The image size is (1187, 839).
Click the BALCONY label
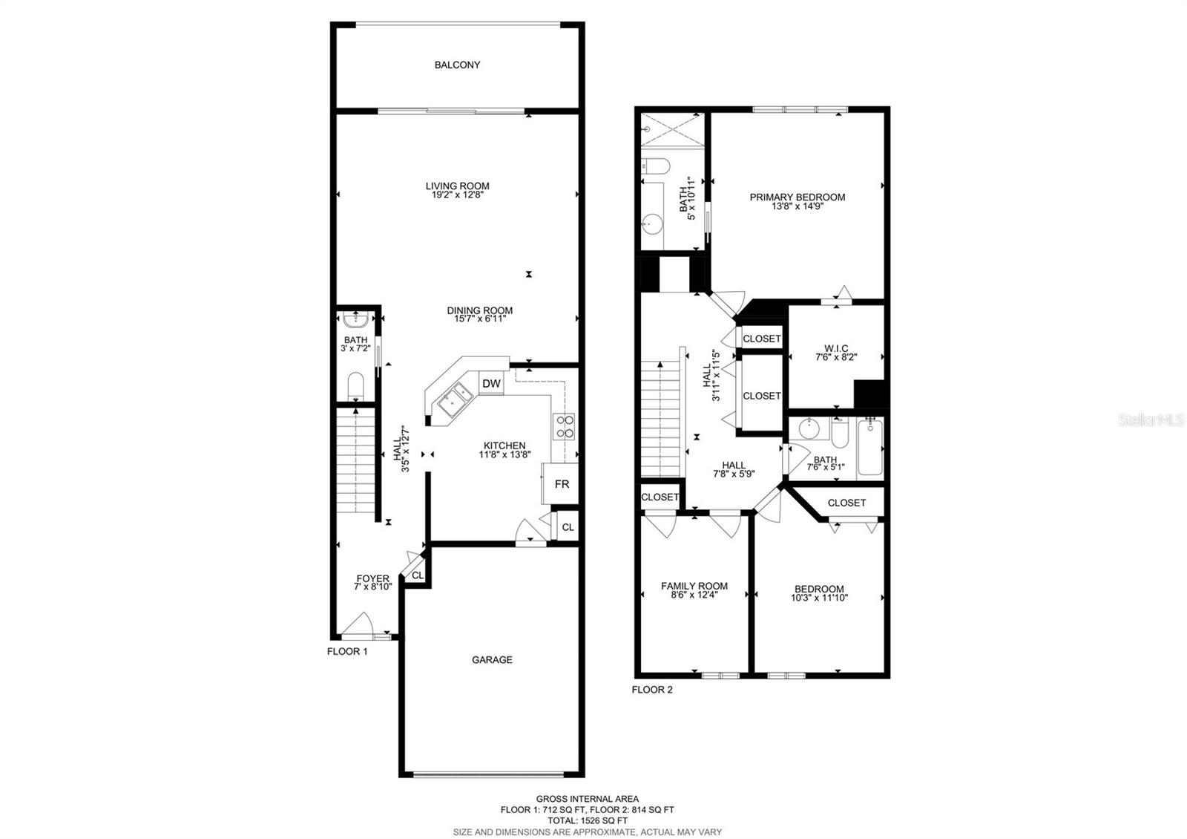457,65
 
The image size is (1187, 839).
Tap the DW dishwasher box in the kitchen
491,384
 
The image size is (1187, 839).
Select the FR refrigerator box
562,484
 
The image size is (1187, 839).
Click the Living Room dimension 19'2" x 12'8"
457,196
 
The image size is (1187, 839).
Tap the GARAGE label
492,660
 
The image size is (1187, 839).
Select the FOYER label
372,578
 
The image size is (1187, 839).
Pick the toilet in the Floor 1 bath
355,386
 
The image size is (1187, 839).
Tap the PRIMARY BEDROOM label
797,197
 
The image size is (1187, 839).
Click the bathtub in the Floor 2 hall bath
870,448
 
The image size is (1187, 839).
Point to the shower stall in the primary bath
672,131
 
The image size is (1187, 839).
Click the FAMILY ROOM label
694,586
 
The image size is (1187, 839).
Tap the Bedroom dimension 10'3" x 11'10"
819,598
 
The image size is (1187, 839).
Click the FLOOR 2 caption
651,690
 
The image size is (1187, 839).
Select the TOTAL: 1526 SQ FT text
587,821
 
